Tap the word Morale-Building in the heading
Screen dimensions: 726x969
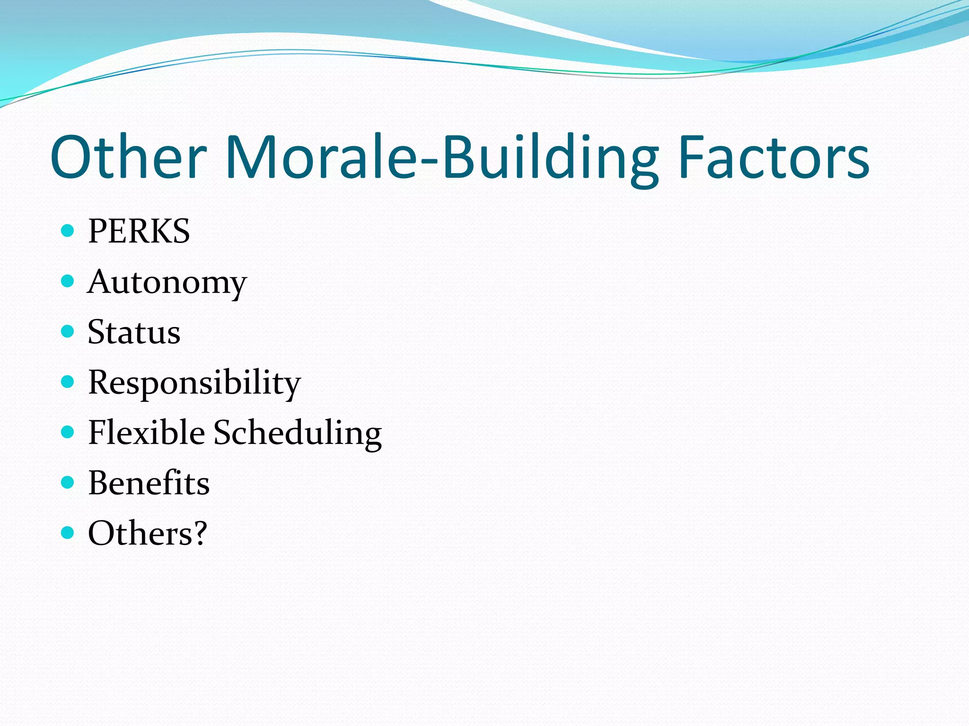[442, 157]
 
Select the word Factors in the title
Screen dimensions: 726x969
[774, 157]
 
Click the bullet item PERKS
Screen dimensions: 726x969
[139, 231]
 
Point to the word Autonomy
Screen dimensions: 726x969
[167, 282]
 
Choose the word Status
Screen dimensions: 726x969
[134, 332]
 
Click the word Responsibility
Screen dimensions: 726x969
[194, 382]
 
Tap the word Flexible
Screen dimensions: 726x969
[146, 432]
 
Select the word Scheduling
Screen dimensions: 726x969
[298, 433]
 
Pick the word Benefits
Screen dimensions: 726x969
[149, 483]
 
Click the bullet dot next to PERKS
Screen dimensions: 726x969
[68, 231]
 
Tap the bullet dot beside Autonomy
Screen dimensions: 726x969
[68, 281]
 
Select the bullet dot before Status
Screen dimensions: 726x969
[68, 331]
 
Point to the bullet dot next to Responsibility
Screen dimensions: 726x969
[68, 381]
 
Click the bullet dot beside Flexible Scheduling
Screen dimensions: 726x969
[68, 432]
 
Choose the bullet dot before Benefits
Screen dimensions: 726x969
[68, 482]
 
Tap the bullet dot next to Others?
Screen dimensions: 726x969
[68, 533]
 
